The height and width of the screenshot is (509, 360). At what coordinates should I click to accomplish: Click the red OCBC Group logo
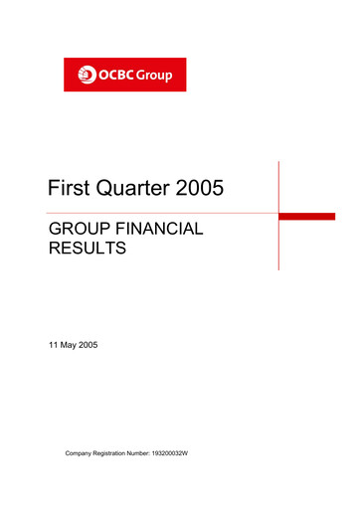coord(124,75)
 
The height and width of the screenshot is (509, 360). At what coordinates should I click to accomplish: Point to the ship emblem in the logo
coord(86,75)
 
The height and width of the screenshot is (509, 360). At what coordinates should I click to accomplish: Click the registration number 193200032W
coord(210,453)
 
